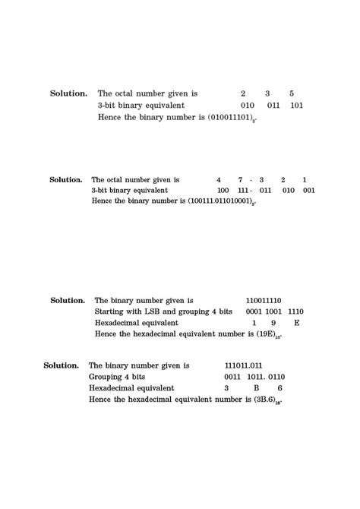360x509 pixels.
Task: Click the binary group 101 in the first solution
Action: click(x=297, y=106)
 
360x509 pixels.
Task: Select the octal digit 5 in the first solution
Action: click(x=292, y=93)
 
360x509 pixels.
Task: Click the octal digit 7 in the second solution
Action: click(x=240, y=180)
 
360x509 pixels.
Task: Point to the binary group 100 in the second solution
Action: click(x=223, y=191)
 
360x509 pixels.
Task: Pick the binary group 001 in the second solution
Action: click(x=308, y=191)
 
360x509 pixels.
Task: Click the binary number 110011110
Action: click(x=264, y=301)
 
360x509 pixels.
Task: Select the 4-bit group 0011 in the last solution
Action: click(x=232, y=377)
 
